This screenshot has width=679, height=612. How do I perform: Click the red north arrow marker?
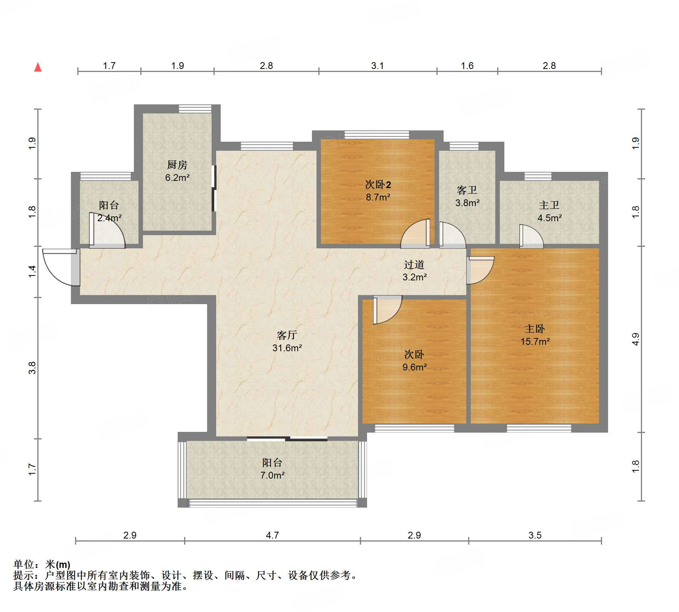(38, 67)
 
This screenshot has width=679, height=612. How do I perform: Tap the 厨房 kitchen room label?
(177, 165)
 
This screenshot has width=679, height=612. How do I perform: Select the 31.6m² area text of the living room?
(287, 348)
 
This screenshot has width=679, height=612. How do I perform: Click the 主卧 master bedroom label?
(535, 329)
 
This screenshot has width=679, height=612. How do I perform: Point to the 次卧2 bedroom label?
(378, 184)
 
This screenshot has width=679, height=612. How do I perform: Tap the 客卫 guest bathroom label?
(467, 190)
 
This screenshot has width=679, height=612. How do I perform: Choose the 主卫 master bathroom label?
(549, 205)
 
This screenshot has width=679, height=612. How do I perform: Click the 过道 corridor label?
(414, 265)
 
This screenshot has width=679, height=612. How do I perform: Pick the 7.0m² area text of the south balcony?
(272, 475)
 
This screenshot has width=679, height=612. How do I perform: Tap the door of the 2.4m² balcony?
(107, 230)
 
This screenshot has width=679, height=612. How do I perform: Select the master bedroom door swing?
(480, 270)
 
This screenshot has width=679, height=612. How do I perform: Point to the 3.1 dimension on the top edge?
(377, 66)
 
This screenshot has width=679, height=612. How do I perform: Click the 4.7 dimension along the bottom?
(272, 535)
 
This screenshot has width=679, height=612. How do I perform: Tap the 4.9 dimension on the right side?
(636, 339)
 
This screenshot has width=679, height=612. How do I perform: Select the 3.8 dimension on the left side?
(32, 367)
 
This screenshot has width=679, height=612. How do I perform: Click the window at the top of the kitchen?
(195, 109)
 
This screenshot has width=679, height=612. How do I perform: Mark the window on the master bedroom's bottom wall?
(539, 428)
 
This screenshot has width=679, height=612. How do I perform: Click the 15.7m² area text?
(535, 342)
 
